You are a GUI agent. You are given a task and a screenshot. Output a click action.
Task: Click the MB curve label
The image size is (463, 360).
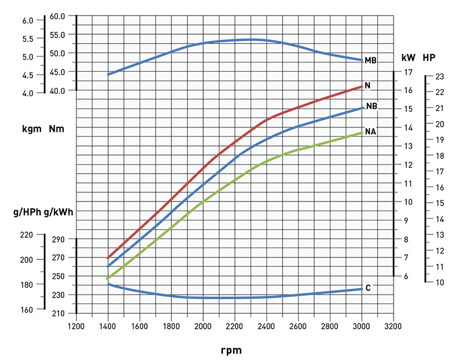click(x=371, y=60)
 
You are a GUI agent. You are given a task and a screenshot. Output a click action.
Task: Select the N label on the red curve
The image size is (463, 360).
click(x=368, y=86)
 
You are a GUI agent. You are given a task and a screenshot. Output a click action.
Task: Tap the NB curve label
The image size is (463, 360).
click(x=372, y=107)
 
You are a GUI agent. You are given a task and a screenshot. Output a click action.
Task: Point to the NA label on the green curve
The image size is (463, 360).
click(x=371, y=132)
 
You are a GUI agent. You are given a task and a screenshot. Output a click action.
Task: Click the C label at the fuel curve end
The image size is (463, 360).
click(x=368, y=288)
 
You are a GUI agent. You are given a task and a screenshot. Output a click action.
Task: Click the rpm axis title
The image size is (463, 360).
click(x=231, y=350)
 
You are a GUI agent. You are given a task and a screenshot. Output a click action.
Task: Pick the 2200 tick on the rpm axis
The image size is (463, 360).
click(x=234, y=326)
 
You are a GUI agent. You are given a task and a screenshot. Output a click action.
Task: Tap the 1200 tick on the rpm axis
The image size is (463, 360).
click(x=76, y=326)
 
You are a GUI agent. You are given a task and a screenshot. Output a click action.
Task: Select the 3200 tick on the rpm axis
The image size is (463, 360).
click(x=393, y=326)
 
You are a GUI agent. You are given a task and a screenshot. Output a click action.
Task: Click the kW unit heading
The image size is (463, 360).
click(x=408, y=58)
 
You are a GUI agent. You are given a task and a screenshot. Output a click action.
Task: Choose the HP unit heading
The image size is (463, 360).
click(x=429, y=58)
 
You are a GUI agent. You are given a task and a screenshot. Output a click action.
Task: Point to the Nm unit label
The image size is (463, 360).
click(x=57, y=128)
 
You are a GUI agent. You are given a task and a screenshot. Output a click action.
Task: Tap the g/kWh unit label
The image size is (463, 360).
click(x=58, y=212)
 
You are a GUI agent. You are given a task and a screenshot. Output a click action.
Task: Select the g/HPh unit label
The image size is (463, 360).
click(x=26, y=212)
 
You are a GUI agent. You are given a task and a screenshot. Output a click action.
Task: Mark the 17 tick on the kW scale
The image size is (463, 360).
click(x=407, y=72)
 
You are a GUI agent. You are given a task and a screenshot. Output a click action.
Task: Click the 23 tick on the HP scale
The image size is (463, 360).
click(x=439, y=76)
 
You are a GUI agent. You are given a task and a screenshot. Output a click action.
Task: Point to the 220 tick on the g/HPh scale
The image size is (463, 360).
click(x=27, y=235)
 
